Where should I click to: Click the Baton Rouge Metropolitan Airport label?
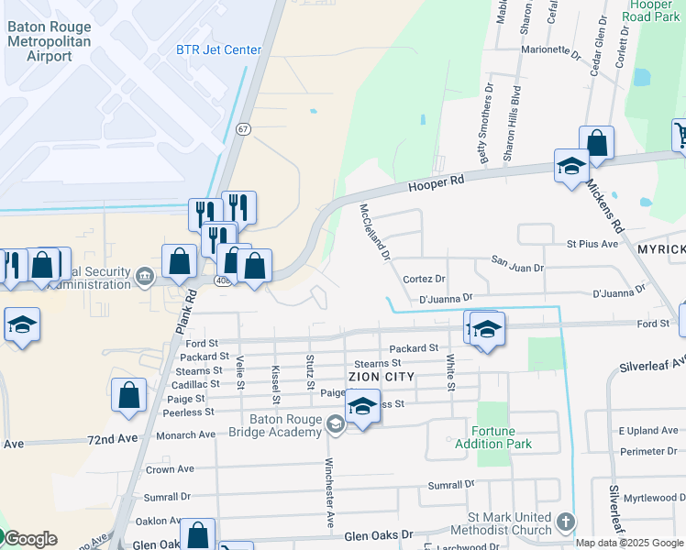(x=51, y=41)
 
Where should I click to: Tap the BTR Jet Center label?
(x=218, y=49)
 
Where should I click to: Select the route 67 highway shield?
(x=243, y=129)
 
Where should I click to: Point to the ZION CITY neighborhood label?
(x=382, y=377)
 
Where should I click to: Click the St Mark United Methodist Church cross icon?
(x=565, y=522)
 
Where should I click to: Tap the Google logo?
(x=29, y=539)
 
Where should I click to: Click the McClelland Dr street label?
(x=375, y=231)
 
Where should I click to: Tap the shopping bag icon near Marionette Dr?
(x=596, y=143)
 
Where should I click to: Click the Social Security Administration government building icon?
(x=145, y=276)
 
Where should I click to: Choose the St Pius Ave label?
(x=593, y=245)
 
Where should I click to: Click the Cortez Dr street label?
(x=424, y=279)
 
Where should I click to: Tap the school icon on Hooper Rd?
(x=571, y=167)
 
